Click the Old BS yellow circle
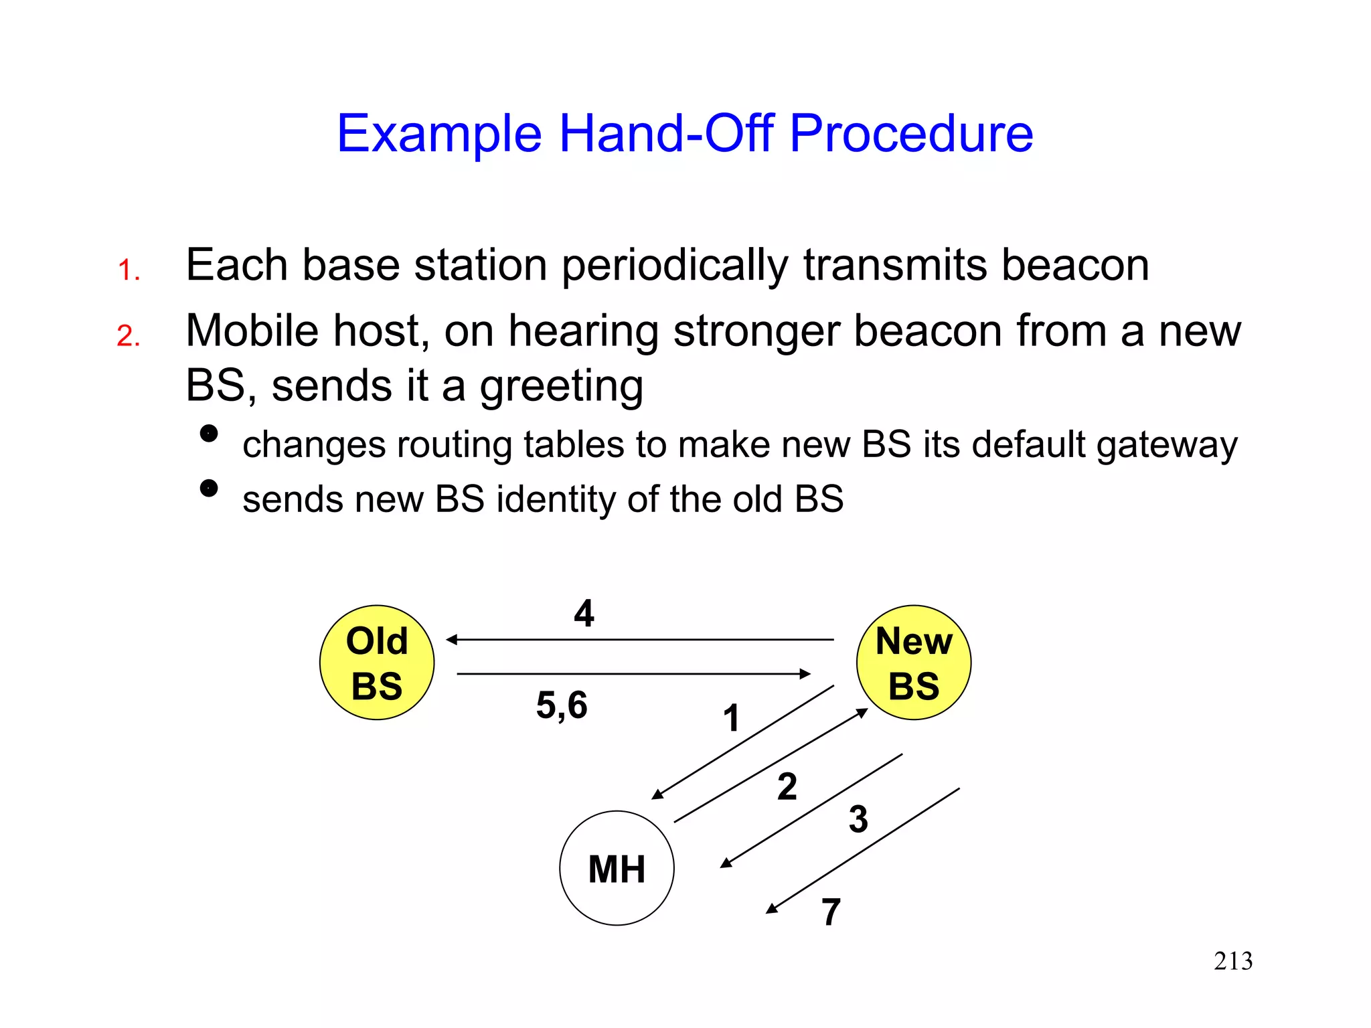377,663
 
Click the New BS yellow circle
914,663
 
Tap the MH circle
617,868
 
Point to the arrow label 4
584,613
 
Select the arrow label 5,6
562,705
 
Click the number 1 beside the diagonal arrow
731,718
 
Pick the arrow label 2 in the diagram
787,786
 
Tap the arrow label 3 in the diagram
858,819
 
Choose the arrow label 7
831,912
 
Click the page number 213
1233,961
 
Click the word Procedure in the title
911,133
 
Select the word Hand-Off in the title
666,133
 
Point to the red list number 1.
128,270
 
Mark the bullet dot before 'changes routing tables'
209,434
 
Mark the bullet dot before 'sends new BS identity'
209,489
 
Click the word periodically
675,266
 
